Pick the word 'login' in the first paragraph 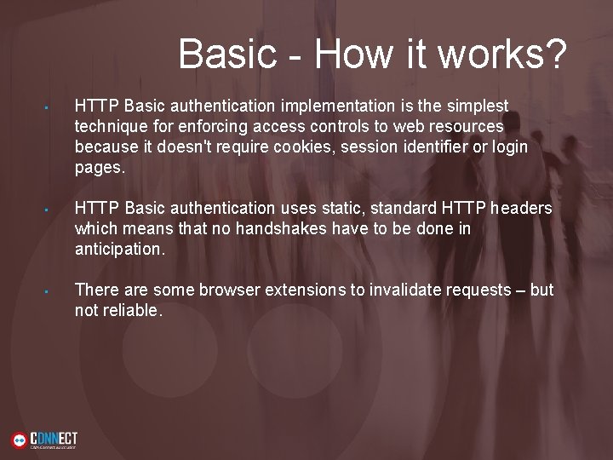point(510,147)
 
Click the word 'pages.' point(100,168)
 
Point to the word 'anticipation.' point(120,250)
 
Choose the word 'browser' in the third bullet point(232,290)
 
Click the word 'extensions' point(306,290)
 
